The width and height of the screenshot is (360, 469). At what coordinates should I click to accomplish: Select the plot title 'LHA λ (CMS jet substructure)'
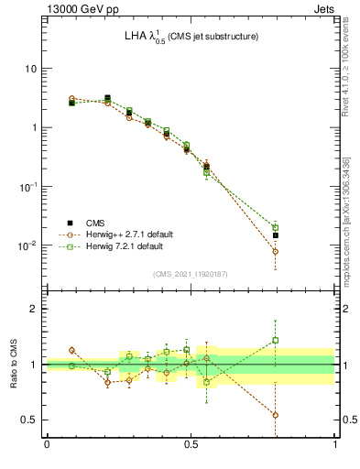pyautogui.click(x=191, y=36)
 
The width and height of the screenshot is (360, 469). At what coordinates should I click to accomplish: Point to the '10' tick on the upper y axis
pyautogui.click(x=30, y=69)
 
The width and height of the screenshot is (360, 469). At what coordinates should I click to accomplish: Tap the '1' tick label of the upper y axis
pyautogui.click(x=33, y=127)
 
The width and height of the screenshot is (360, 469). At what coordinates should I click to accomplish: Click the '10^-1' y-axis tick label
pyautogui.click(x=28, y=186)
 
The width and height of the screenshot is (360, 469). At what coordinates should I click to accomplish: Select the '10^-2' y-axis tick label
pyautogui.click(x=28, y=245)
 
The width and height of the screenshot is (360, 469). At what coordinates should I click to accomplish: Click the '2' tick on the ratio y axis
pyautogui.click(x=33, y=309)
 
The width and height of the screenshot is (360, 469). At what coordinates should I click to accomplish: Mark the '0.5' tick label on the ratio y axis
pyautogui.click(x=29, y=420)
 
